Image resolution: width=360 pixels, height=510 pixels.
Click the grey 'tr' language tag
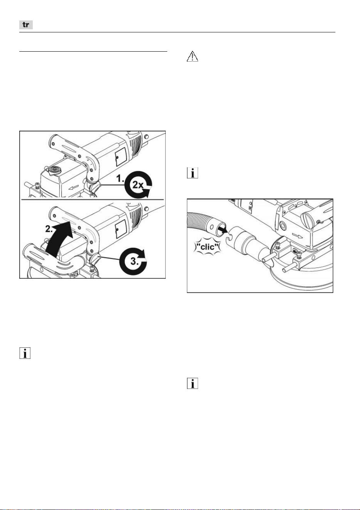tap(26, 25)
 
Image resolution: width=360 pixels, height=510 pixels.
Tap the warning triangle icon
tap(192, 56)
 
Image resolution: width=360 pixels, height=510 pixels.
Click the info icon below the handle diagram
tap(25, 353)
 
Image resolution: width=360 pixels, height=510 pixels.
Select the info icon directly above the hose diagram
tap(192, 173)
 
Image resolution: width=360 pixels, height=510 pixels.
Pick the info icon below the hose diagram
tap(192, 383)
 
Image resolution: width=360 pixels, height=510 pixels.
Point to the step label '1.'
tap(121, 178)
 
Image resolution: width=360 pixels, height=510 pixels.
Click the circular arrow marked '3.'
tap(133, 261)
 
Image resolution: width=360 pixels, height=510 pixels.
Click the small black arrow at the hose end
tap(224, 229)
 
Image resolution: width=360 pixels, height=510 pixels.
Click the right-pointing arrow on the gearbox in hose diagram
tap(298, 235)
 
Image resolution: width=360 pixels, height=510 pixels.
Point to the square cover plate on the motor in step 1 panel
tap(121, 156)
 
